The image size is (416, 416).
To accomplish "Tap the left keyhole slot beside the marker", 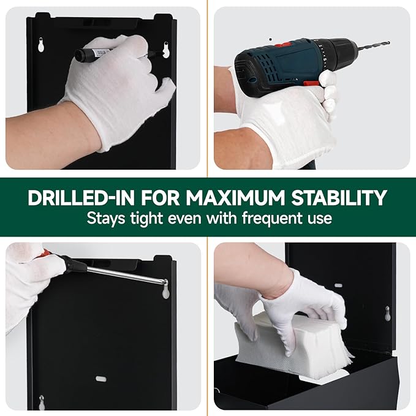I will [x=40, y=45].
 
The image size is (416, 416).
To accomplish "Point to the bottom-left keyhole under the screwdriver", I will [x=41, y=403].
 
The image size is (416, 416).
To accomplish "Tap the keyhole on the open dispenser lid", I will [x=387, y=313].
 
